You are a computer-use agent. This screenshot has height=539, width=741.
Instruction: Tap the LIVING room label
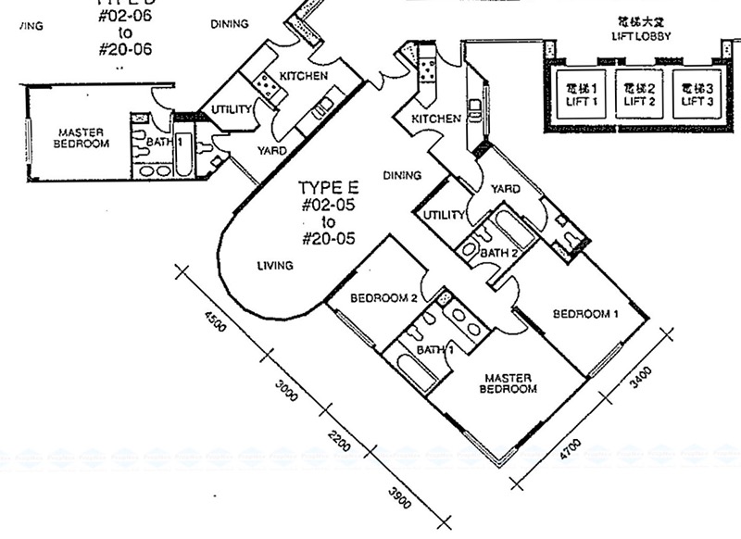pyautogui.click(x=276, y=267)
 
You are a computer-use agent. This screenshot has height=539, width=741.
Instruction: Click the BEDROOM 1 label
pyautogui.click(x=585, y=313)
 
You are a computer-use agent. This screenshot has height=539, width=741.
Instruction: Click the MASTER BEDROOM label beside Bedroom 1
pyautogui.click(x=508, y=383)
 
